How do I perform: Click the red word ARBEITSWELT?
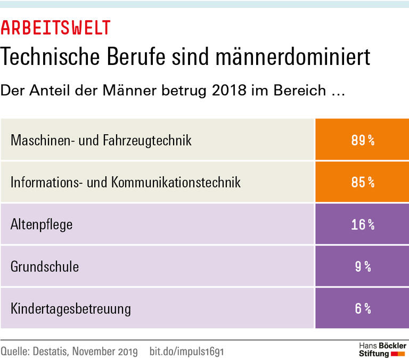(56, 28)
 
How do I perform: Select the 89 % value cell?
(362, 140)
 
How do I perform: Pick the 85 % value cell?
(362, 182)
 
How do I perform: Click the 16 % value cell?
(362, 224)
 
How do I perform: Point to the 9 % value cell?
(362, 266)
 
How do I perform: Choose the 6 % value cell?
(362, 308)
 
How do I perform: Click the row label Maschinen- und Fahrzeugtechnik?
(101, 141)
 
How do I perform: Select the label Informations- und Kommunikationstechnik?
(126, 183)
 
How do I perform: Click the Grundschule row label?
(45, 266)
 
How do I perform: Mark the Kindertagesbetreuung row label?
(71, 308)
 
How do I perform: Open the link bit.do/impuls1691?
(186, 351)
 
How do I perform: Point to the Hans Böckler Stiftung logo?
(382, 349)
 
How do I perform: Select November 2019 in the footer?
(105, 351)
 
